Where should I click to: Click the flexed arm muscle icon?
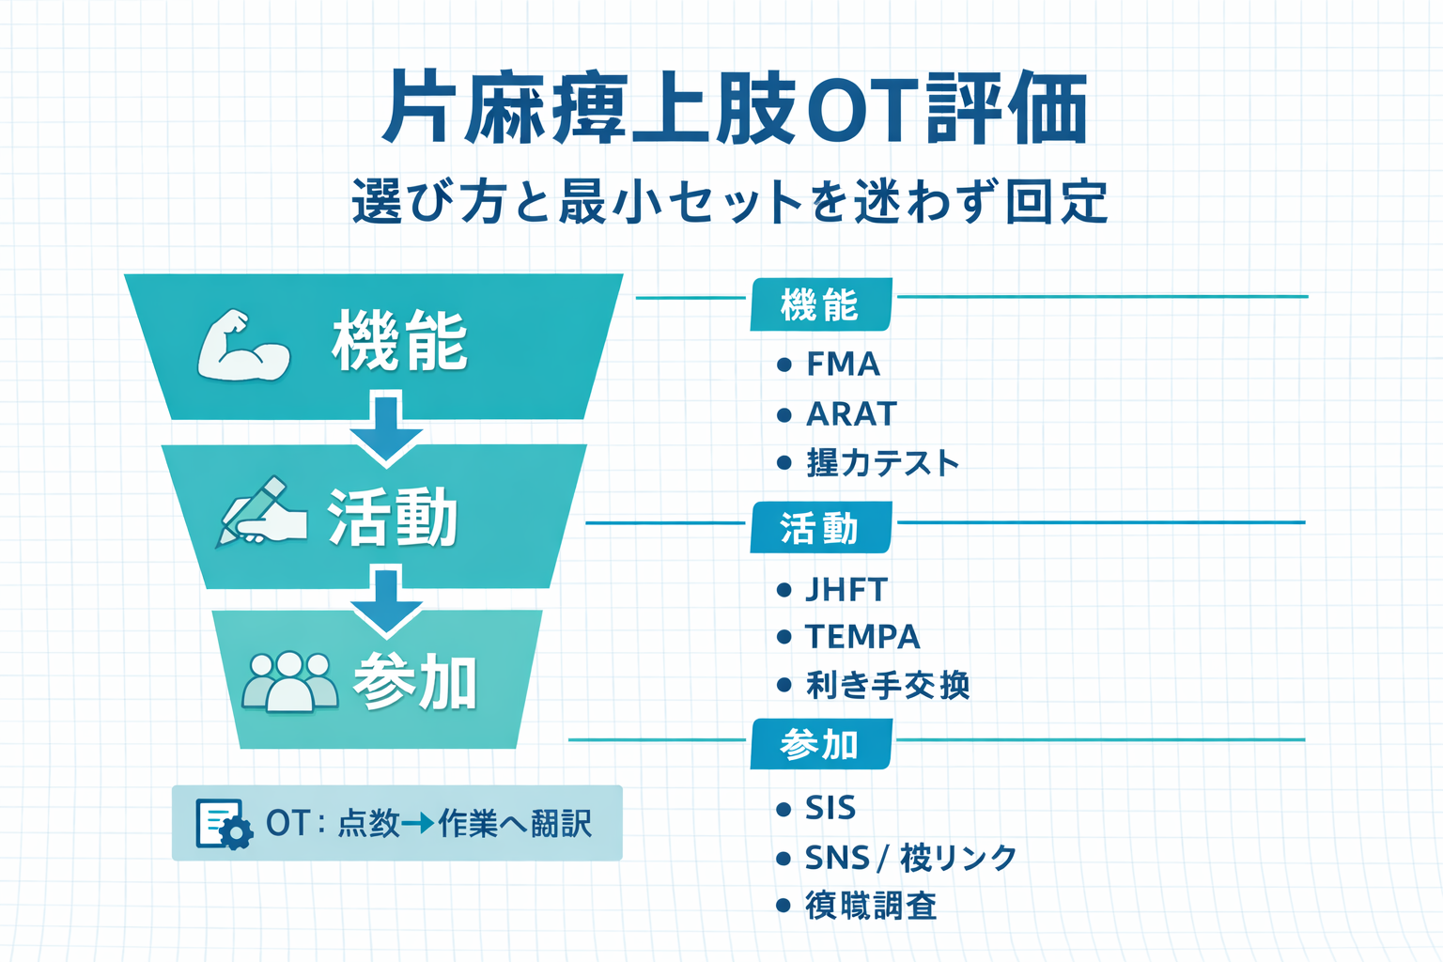(243, 346)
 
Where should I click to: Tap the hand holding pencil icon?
(262, 512)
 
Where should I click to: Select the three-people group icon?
(289, 682)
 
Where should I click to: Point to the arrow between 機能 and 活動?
(386, 427)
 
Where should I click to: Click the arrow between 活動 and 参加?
(386, 599)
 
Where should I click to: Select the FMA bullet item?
(843, 365)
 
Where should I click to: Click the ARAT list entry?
(851, 414)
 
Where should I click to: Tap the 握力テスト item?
(882, 463)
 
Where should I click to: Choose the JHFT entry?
(846, 590)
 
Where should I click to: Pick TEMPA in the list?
(862, 637)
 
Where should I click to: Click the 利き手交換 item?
(887, 686)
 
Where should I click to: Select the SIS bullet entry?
(830, 808)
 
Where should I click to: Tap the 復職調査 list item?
(871, 907)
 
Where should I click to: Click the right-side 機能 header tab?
(820, 305)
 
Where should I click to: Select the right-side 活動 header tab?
(820, 529)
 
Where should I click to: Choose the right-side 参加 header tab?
(820, 745)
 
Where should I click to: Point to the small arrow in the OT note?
(417, 824)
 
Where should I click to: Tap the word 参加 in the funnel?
(415, 683)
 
